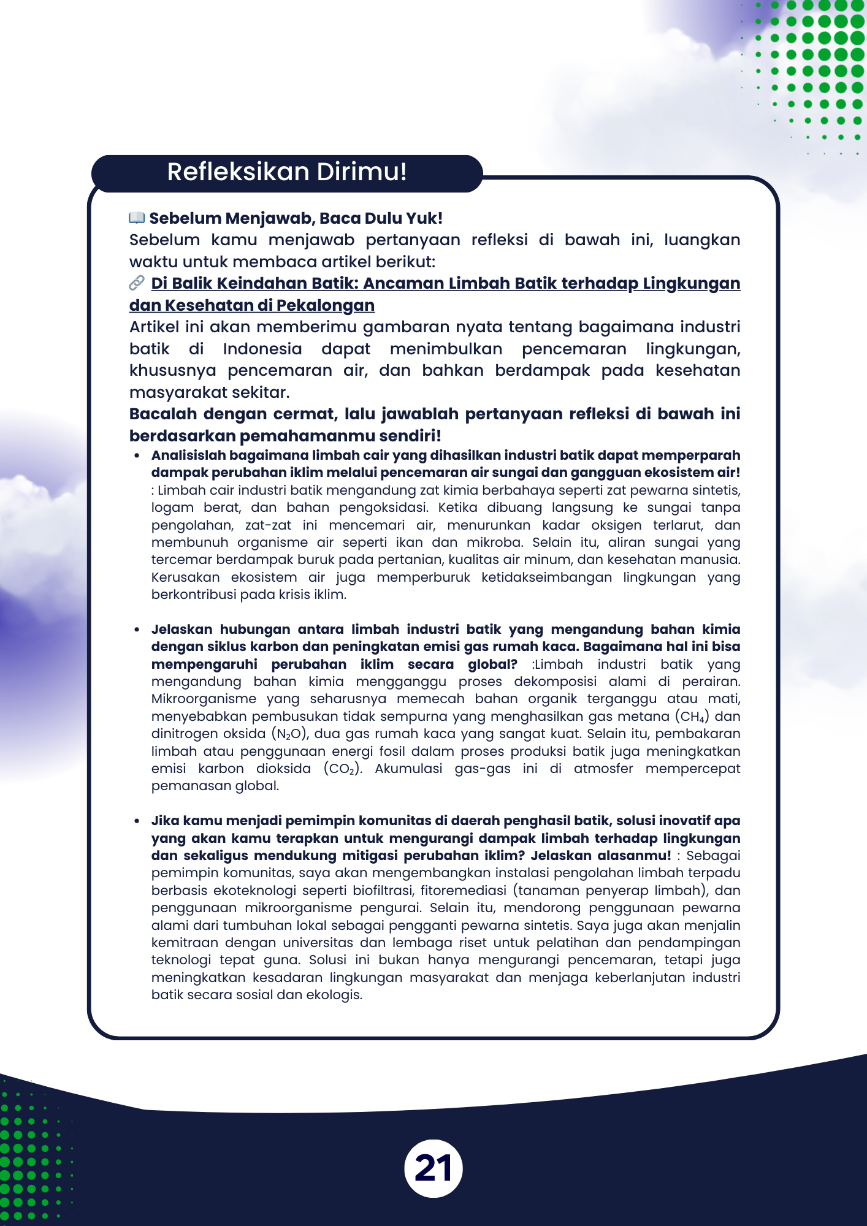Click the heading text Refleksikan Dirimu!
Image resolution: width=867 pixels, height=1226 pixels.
[x=287, y=172]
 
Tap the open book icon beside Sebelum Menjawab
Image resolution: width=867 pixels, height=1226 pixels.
[x=136, y=218]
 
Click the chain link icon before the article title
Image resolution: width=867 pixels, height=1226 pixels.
[x=136, y=283]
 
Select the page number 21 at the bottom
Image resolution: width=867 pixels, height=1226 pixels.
[x=433, y=1168]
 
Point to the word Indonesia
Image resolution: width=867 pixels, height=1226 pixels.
[x=262, y=349]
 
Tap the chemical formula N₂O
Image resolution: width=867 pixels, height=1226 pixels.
[x=289, y=734]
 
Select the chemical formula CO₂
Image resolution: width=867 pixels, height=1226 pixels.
[x=342, y=769]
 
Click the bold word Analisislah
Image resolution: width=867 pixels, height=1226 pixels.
[x=189, y=455]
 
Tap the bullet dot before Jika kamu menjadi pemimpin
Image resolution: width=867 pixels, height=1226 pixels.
[x=137, y=821]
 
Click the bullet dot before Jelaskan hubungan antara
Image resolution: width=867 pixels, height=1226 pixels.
[x=137, y=630]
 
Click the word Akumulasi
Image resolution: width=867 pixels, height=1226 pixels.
[x=408, y=769]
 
